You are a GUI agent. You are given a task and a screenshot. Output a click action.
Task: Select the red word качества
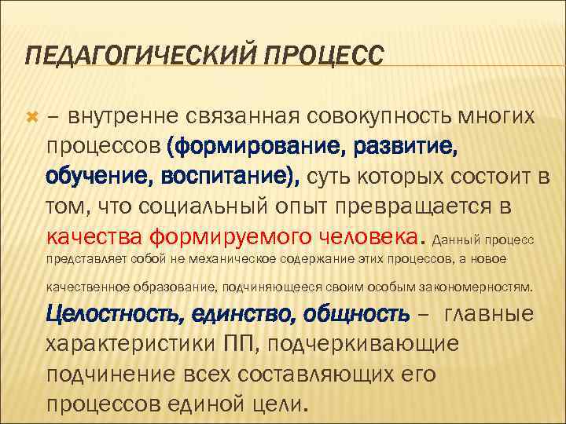coord(94,236)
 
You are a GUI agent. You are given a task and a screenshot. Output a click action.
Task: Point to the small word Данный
coord(457,239)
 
